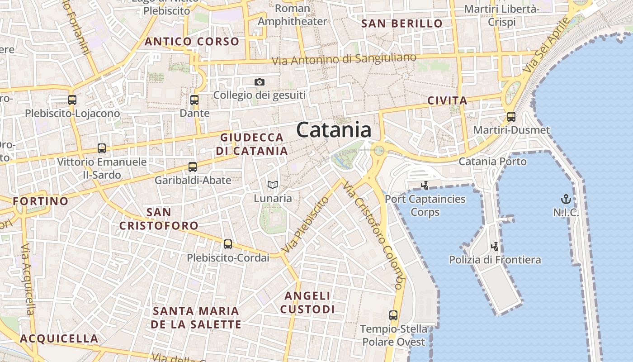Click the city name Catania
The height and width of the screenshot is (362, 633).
[x=334, y=130]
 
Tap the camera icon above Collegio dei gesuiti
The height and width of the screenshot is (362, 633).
[x=259, y=82]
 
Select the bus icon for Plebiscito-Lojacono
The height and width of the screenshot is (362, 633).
[x=72, y=100]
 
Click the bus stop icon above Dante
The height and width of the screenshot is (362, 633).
[x=194, y=100]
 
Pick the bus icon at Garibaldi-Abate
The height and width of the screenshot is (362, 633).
[x=193, y=167]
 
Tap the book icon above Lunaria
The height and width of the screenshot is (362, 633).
[x=272, y=185]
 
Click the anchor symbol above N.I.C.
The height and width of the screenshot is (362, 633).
[x=566, y=199]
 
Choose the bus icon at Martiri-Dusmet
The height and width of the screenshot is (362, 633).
[x=511, y=117]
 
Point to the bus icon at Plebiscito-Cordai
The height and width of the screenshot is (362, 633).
[x=228, y=244]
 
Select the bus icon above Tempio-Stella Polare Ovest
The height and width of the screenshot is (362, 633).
[x=393, y=315]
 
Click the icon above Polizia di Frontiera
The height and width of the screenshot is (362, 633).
[x=495, y=246]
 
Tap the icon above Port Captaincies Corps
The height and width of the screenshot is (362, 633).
[x=425, y=185]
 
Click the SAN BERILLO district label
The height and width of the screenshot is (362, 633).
[x=402, y=24]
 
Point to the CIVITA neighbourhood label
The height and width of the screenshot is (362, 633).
[x=447, y=100]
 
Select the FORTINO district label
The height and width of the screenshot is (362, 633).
[x=41, y=201]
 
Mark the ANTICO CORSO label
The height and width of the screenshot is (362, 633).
[x=192, y=42]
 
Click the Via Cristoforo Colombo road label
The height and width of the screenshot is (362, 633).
[x=373, y=235]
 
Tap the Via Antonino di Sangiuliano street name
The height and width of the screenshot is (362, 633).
[x=344, y=59]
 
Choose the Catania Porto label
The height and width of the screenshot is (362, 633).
[x=492, y=162]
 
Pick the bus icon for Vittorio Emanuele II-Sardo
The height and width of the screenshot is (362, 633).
[x=102, y=148]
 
